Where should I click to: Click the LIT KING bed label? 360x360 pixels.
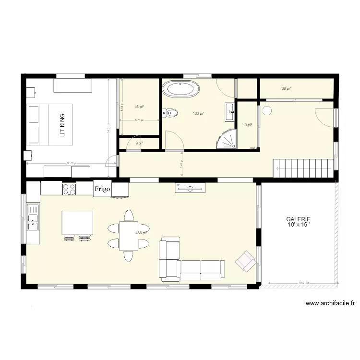coord(61,125)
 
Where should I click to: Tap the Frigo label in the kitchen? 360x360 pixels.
coord(102,189)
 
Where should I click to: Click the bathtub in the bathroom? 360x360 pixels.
coord(181,89)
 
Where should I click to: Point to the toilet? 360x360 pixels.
coord(171,113)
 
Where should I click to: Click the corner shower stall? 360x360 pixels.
coord(228,139)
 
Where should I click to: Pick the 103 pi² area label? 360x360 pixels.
coord(198,114)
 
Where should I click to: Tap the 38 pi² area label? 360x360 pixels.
coord(287,88)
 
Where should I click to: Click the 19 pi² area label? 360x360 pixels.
coord(248,125)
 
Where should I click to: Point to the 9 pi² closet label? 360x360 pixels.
coord(139,143)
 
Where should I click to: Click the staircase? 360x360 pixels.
coord(303,168)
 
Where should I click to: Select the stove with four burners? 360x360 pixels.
coord(69,189)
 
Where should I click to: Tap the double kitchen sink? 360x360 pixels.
coord(33,216)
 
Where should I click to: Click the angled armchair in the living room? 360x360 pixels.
coord(246,261)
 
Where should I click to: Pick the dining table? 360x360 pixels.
coord(129,236)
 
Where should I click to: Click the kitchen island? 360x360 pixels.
coord(77,222)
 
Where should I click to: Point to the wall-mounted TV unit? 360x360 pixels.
coord(191,189)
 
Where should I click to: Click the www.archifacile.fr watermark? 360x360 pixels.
coord(331,303)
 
